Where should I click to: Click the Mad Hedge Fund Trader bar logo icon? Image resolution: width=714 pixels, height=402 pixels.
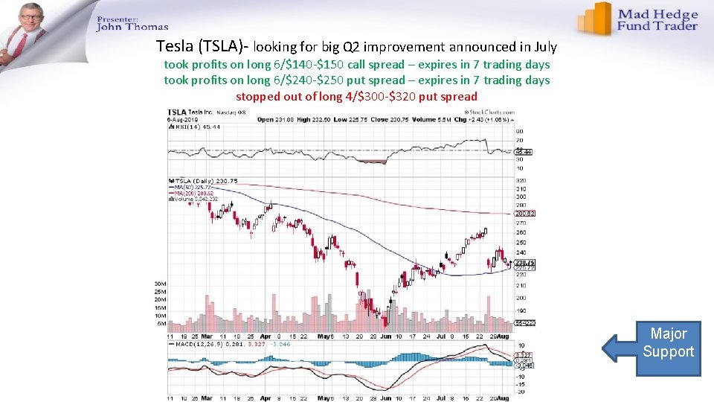595,18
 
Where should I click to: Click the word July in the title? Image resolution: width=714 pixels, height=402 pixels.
541,48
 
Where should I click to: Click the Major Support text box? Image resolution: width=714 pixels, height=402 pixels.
668,342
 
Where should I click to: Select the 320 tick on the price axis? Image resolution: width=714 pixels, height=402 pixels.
521,180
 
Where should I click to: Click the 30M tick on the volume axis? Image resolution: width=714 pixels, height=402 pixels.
160,284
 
